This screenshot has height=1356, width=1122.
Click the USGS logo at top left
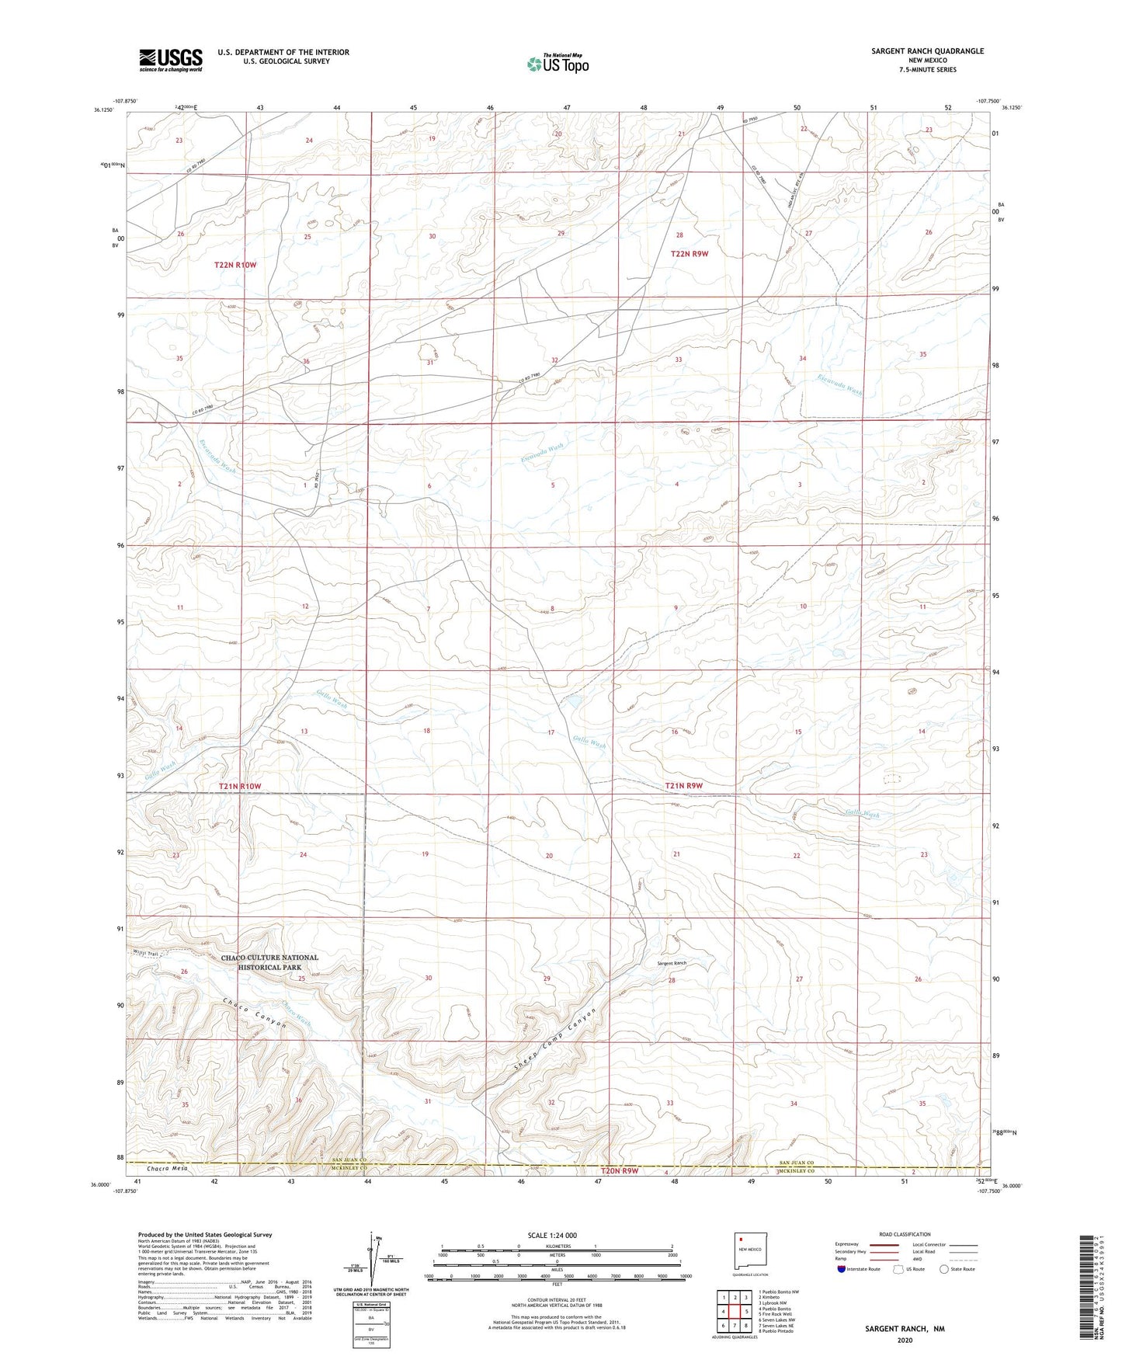point(171,59)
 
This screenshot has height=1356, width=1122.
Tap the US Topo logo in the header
point(556,64)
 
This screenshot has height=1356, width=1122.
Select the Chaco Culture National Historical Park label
point(269,962)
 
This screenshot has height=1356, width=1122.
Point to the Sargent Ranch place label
point(672,963)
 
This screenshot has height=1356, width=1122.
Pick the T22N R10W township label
point(235,266)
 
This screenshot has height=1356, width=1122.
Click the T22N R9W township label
point(690,254)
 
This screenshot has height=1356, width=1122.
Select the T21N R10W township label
point(240,787)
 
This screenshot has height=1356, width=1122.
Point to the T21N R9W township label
point(683,786)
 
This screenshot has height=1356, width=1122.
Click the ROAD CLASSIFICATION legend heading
point(905,1234)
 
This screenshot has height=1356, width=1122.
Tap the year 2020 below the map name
point(905,1340)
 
